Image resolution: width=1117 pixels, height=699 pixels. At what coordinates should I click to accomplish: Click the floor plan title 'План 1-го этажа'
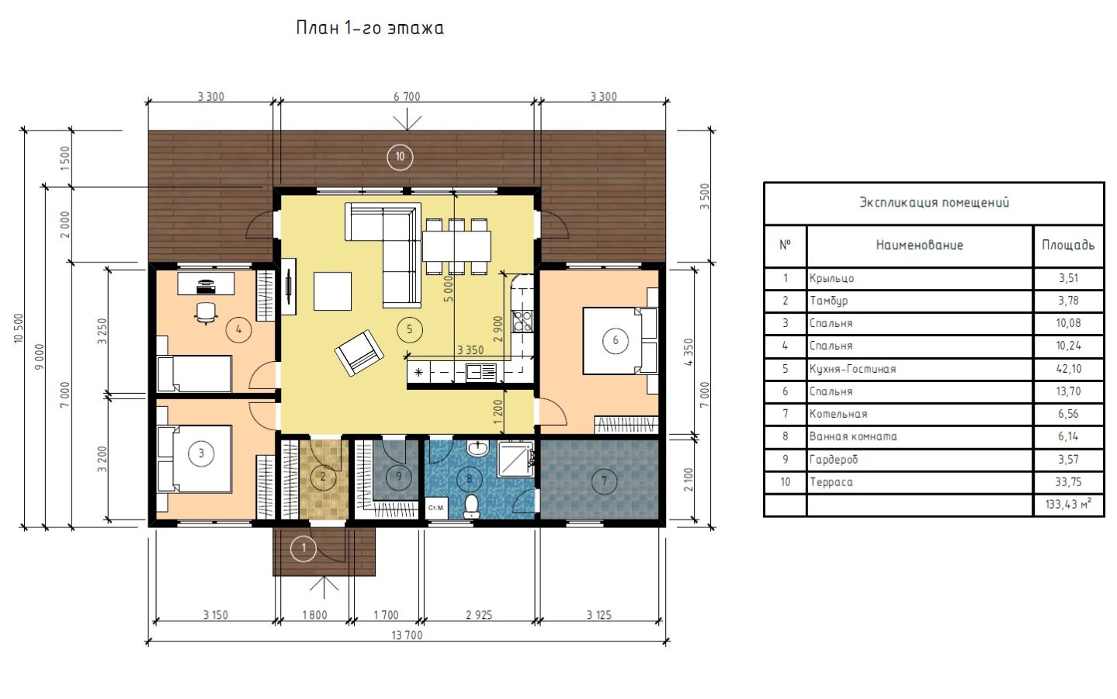click(x=369, y=28)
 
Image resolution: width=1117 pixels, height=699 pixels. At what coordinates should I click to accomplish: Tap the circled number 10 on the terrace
click(x=400, y=157)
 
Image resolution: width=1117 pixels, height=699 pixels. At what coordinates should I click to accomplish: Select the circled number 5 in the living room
click(x=409, y=329)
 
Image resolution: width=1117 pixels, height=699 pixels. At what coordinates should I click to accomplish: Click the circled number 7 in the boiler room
click(x=604, y=481)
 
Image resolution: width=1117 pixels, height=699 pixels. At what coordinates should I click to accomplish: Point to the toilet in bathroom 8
click(x=471, y=506)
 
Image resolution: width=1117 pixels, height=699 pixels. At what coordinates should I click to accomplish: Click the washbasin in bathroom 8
click(x=477, y=447)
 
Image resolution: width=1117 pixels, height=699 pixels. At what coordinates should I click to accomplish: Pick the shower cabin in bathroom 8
click(x=515, y=458)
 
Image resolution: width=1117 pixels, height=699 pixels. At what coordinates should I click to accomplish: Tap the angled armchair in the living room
click(x=359, y=353)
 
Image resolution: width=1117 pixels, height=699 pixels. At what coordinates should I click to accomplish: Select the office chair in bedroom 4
click(x=206, y=313)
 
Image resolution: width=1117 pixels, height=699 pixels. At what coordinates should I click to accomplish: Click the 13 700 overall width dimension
click(x=407, y=635)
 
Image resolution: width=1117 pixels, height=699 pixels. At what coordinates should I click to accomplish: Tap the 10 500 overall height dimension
click(x=19, y=328)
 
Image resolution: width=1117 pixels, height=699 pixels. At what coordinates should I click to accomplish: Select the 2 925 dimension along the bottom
click(x=479, y=614)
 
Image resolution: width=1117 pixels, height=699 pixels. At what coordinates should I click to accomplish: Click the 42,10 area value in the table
click(x=1068, y=369)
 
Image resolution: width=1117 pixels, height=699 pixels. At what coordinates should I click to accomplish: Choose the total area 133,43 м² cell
click(x=1068, y=504)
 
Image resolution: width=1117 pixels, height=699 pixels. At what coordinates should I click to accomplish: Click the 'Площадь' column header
click(x=1068, y=245)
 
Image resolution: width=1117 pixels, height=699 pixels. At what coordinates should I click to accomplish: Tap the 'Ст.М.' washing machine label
click(x=435, y=508)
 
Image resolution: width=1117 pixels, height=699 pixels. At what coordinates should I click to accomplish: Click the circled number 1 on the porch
click(x=304, y=548)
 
